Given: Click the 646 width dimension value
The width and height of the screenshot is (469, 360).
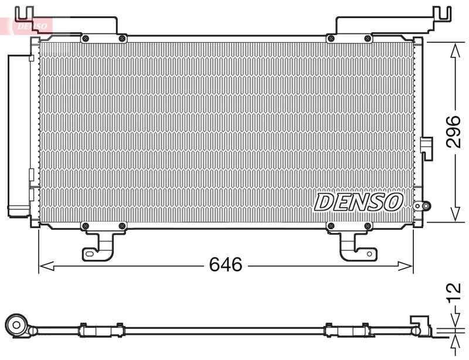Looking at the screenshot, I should click(226, 265).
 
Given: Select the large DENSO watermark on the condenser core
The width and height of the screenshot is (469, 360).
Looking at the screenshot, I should click(359, 202).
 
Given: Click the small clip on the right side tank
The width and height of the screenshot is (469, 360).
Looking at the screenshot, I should click(426, 148).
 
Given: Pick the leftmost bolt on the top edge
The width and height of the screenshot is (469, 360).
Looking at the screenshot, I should click(86, 39).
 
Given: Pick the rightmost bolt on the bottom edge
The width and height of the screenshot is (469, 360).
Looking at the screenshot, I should click(367, 226).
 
